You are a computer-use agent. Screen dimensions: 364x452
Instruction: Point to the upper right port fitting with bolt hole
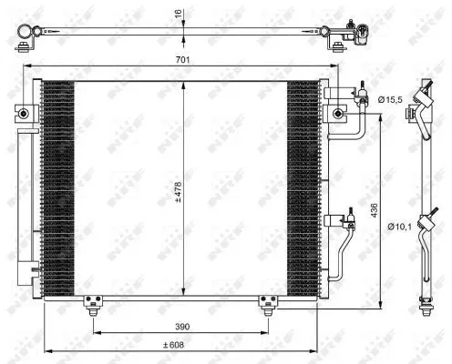pyautogui.click(x=339, y=114)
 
